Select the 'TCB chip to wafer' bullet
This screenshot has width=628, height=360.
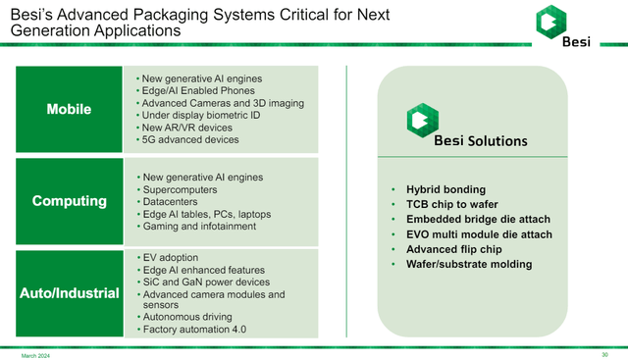453,204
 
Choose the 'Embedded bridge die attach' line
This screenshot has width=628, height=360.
479,219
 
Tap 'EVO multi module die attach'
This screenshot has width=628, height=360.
479,233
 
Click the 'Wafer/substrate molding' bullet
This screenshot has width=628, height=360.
469,264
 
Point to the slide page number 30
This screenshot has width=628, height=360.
604,354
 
